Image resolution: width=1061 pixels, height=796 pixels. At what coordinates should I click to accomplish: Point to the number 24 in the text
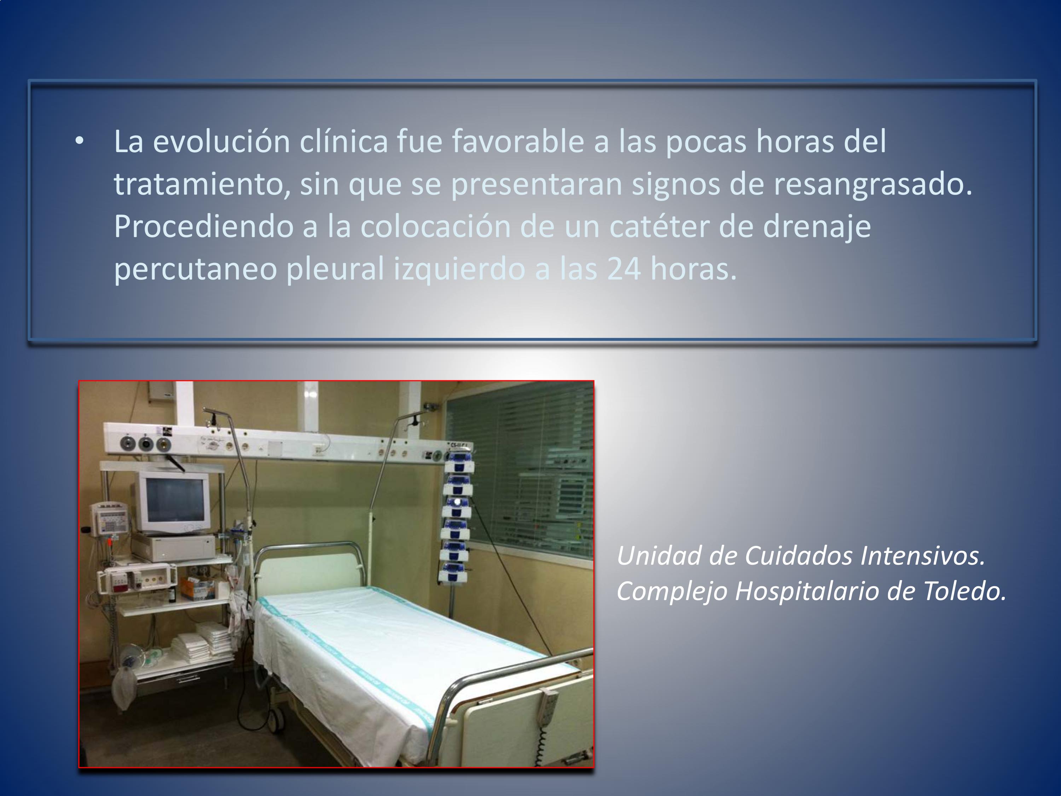point(624,269)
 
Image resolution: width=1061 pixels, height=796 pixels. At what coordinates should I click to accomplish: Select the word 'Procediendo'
point(203,226)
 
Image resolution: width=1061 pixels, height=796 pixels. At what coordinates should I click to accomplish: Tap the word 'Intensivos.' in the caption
point(922,556)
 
